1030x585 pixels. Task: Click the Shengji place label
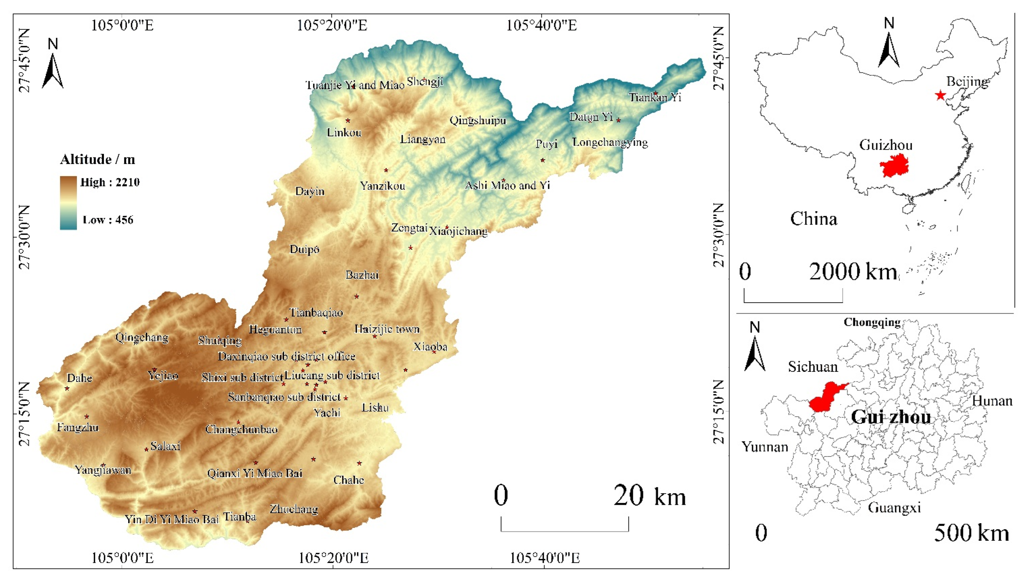tap(425, 82)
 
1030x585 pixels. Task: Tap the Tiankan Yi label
tap(655, 97)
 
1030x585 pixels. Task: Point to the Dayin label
tap(310, 191)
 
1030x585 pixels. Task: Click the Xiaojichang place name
tap(458, 231)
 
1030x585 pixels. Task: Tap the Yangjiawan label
tap(103, 470)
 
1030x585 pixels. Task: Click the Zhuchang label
tap(294, 509)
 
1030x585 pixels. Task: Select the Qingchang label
tap(142, 337)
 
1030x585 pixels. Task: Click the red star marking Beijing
tap(940, 95)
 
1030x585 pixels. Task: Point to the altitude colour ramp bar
tap(68, 203)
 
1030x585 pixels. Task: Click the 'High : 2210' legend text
tap(110, 182)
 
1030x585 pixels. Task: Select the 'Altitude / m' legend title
tap(97, 160)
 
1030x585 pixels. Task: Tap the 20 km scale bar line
tap(564, 530)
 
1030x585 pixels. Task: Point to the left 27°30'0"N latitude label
tap(24, 237)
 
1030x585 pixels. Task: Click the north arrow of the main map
tap(53, 64)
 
